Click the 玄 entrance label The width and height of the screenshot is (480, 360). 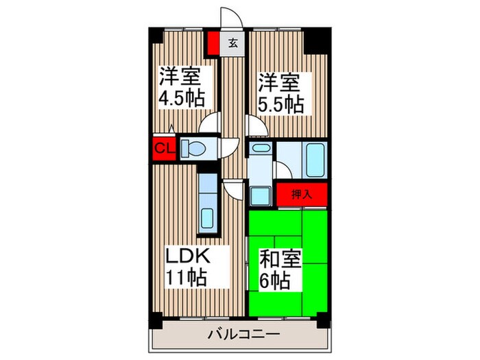(x=232, y=43)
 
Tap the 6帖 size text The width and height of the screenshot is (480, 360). (x=273, y=280)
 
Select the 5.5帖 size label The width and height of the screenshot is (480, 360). (x=281, y=104)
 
